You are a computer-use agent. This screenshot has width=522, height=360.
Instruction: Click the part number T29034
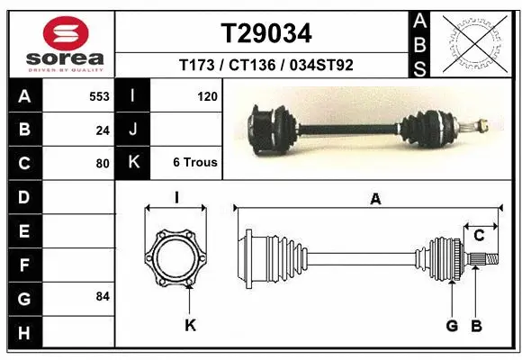[266, 34]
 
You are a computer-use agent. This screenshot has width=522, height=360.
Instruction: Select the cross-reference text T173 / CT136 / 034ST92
[266, 65]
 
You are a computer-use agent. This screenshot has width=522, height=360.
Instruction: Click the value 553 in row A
[99, 95]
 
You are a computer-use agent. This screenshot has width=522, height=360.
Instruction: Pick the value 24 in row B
[103, 130]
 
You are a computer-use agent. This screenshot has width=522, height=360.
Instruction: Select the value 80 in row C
[103, 164]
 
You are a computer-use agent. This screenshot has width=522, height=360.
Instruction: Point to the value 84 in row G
[103, 296]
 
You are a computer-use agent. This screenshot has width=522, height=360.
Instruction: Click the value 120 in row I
[207, 95]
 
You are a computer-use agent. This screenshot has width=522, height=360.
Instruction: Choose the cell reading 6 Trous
[195, 163]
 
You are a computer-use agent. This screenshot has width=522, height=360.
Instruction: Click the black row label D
[24, 197]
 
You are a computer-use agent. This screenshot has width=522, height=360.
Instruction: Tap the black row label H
[24, 333]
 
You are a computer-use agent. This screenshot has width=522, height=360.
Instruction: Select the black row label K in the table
[133, 163]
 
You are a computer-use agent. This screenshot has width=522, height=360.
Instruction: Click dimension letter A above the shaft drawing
[375, 200]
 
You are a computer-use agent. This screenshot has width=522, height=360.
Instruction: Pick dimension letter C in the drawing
[480, 236]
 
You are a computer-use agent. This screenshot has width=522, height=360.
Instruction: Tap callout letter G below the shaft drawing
[452, 325]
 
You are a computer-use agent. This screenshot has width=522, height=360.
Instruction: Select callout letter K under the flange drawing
[191, 325]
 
